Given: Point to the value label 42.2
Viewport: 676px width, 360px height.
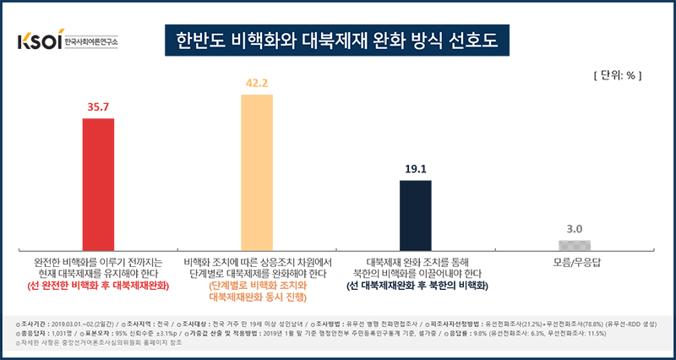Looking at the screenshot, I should click(x=257, y=83).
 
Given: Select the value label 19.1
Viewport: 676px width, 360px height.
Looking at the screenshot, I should click(x=416, y=168).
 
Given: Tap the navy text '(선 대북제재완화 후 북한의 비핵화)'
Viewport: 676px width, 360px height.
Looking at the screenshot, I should click(x=416, y=287).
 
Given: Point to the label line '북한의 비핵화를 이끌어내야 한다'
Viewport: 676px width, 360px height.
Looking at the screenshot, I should click(x=416, y=274).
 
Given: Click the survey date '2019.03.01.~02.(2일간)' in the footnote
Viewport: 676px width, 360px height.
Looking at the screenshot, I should click(x=80, y=325).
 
